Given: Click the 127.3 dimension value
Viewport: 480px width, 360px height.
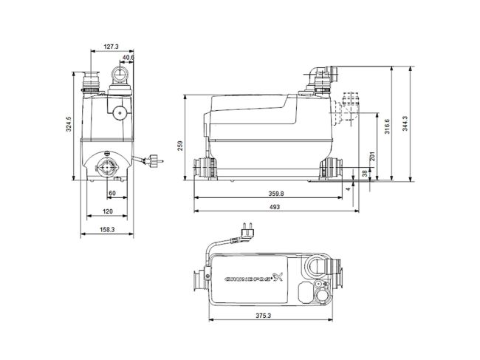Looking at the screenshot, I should pos(110,46).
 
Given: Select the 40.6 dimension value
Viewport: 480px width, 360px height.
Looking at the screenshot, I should pos(128,58).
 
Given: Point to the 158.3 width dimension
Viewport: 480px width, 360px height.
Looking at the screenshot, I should pos(107,230).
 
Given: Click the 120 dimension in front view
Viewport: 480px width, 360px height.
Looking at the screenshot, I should pos(108,211).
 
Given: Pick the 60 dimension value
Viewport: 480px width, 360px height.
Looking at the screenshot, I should pos(112,193).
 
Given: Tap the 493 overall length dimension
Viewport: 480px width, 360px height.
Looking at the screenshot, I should pos(275,208).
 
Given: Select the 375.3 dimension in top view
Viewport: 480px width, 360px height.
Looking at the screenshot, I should pos(275,315).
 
